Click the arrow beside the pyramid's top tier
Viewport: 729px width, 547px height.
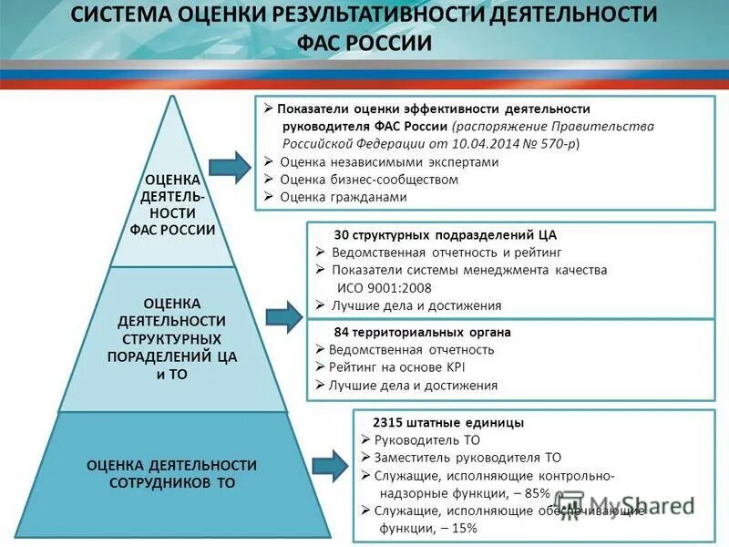(x=229, y=167)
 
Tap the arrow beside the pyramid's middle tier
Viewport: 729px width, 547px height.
(x=283, y=315)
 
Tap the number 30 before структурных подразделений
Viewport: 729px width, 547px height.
(x=342, y=235)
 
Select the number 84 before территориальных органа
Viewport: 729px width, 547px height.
(x=342, y=333)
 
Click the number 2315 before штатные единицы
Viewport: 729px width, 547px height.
(x=388, y=423)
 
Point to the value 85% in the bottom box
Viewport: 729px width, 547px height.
(x=536, y=493)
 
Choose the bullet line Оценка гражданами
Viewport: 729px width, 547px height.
(x=343, y=196)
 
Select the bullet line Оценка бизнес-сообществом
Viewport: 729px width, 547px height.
(x=368, y=179)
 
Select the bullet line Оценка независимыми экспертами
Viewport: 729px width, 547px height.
(x=389, y=161)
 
